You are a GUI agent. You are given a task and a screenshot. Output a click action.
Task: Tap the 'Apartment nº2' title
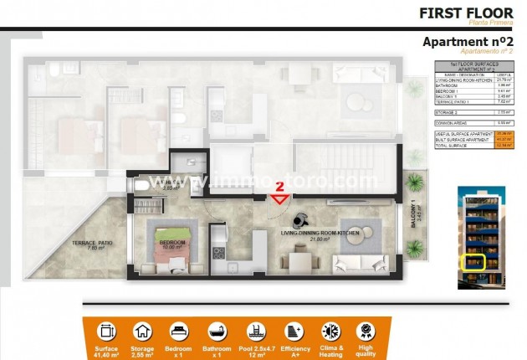coord(467,42)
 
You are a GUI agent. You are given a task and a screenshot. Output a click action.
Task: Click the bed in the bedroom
coord(174,250)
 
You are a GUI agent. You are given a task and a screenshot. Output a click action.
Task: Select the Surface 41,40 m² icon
coord(106,332)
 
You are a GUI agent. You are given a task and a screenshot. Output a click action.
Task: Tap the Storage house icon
coord(143,332)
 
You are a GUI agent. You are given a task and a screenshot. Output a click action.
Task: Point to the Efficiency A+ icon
coord(294,332)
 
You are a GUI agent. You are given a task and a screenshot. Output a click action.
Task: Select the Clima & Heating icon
coord(330,332)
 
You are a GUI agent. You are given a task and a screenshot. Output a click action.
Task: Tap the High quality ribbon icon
coord(366,332)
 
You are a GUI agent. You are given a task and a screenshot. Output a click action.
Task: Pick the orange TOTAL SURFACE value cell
coord(504,144)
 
